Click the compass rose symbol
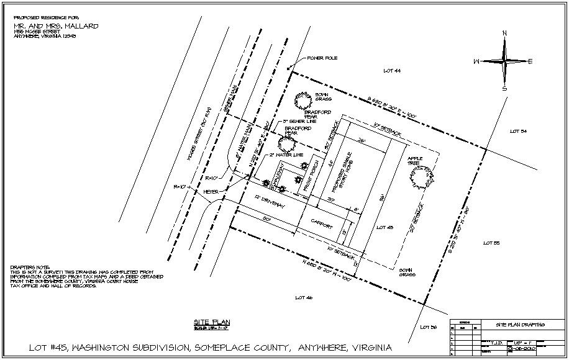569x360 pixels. (504, 61)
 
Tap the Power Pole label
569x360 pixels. (321, 58)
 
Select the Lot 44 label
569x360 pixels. (392, 71)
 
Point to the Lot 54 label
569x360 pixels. (518, 131)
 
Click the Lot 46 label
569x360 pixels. (304, 298)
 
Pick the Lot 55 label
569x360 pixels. (492, 243)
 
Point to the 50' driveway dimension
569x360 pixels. (266, 219)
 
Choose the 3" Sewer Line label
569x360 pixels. (299, 121)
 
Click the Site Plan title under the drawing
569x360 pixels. (212, 322)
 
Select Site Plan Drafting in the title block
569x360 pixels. (520, 324)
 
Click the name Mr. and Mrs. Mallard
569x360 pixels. (56, 27)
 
